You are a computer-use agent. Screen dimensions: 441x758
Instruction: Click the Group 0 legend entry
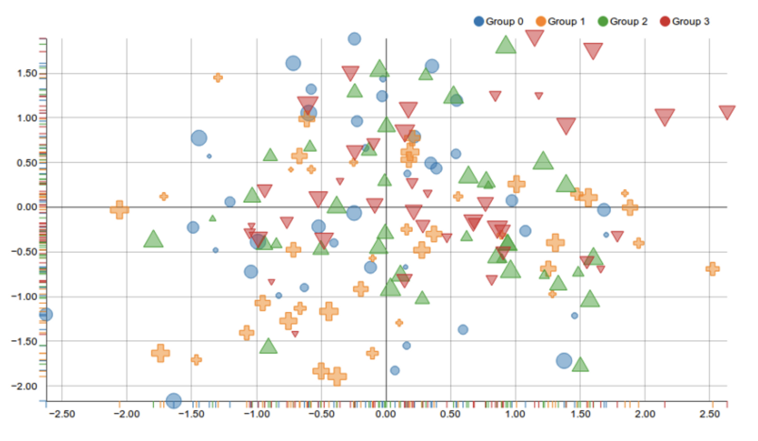pos(498,21)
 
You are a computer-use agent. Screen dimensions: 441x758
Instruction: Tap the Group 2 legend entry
pos(623,21)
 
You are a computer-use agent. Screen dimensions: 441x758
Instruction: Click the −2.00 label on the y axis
pos(24,386)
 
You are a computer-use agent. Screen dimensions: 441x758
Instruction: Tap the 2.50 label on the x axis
pos(709,414)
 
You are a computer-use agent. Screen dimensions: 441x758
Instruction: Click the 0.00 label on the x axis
pos(386,414)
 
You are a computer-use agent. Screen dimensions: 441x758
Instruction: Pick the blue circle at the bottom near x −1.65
pos(173,401)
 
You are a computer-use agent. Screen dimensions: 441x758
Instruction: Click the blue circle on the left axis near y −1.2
pos(46,314)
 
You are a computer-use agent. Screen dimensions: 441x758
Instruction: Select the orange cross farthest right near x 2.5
pos(712,269)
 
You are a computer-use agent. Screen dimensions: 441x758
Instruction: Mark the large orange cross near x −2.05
pos(119,209)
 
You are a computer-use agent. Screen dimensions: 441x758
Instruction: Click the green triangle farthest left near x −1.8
pos(153,240)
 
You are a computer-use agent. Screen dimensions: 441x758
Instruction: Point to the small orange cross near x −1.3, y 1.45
pos(218,77)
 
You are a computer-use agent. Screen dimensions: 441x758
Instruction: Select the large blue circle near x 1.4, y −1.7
pos(564,361)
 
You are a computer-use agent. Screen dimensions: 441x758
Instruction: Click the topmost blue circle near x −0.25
pos(354,39)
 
